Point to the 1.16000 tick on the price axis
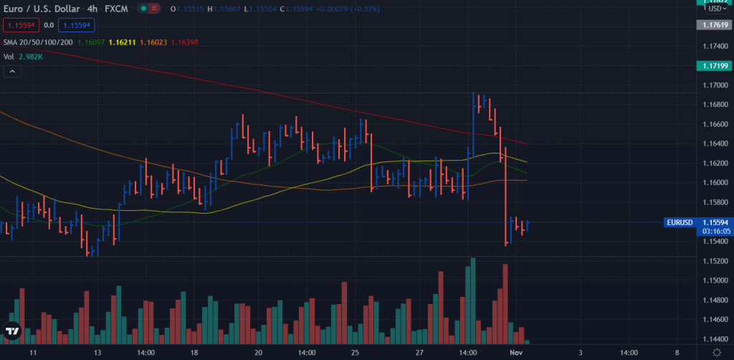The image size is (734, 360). (712, 183)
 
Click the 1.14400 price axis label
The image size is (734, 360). (712, 339)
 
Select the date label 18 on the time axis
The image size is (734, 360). (194, 354)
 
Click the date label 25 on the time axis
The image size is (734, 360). (354, 354)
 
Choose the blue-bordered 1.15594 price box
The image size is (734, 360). (76, 25)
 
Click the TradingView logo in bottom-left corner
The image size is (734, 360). (12, 331)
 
